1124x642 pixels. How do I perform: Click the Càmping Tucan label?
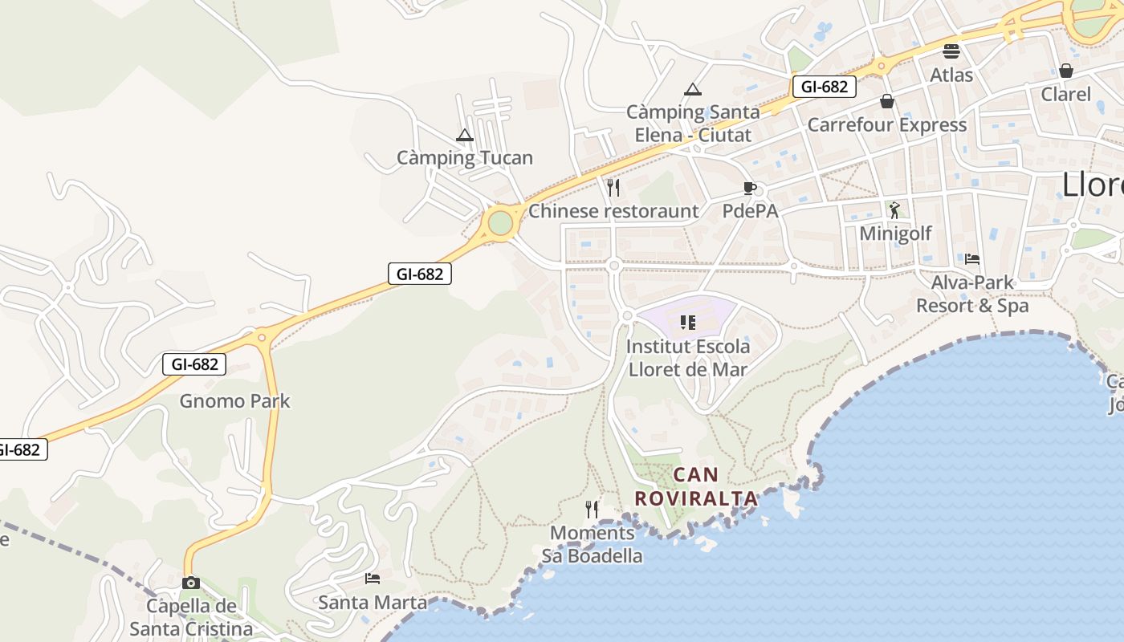pos(465,157)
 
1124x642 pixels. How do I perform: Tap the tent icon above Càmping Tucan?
pos(465,136)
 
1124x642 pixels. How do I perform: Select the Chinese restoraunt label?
pos(613,211)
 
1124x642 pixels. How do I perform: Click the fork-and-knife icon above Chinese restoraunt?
pos(613,188)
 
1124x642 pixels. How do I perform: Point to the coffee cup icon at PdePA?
pos(749,189)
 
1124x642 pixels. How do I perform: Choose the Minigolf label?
pos(895,234)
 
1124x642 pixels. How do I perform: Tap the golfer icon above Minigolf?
pos(894,210)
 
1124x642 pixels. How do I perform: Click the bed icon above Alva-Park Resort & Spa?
pos(972,259)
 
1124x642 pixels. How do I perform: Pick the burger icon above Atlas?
pos(951,51)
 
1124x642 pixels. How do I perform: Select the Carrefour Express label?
pos(887,125)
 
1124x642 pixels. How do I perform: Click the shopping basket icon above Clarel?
pos(1066,71)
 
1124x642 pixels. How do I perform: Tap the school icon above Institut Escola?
pos(688,323)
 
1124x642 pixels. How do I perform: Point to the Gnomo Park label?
pos(234,400)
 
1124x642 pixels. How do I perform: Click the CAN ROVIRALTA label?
pos(696,486)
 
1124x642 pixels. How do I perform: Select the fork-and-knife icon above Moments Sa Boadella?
pos(592,509)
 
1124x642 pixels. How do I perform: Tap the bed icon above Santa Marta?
pos(373,578)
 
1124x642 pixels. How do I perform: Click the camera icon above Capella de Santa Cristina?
pos(191,583)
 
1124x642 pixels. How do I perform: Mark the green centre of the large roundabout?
pos(500,222)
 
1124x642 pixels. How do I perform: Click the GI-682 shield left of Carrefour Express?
pos(824,87)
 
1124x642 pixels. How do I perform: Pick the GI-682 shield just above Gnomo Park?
pos(194,364)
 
